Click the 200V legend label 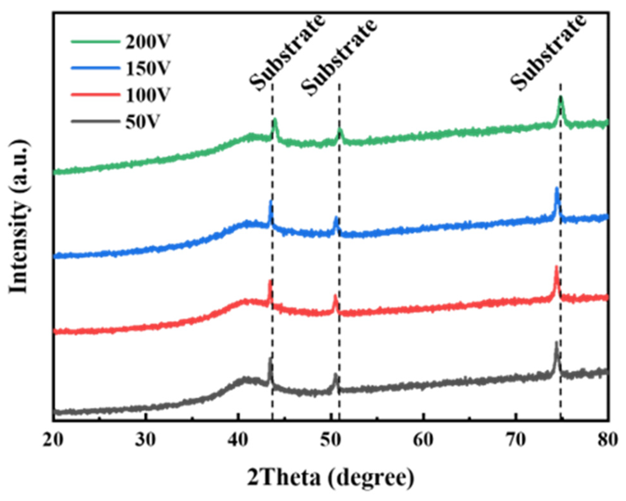[148, 42]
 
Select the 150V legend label [148, 68]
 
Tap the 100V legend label [148, 95]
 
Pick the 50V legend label [142, 122]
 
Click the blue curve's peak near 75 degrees [557, 189]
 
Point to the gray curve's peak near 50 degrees [335, 375]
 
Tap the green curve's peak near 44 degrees [275, 120]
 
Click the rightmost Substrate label [548, 53]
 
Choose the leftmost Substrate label [287, 53]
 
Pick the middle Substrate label [339, 57]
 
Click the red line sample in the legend [95, 94]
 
